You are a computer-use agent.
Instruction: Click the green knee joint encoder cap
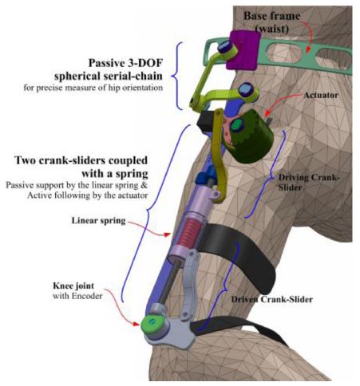coord(149,325)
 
